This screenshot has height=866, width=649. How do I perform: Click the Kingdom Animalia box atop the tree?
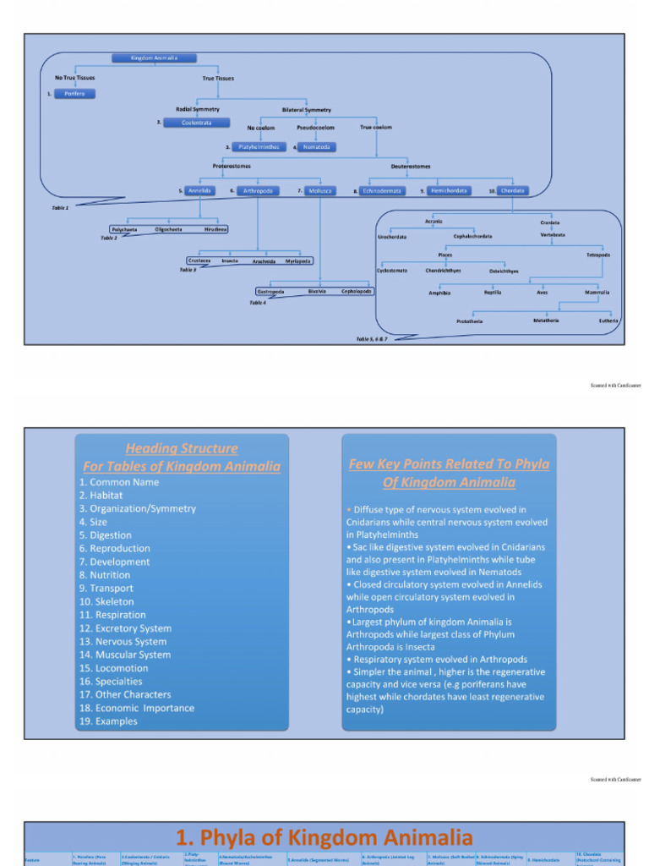[x=155, y=58]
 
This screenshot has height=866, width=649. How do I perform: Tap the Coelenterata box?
[x=196, y=123]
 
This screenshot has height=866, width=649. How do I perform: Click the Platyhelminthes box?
[x=259, y=147]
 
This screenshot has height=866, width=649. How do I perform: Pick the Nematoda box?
[x=316, y=147]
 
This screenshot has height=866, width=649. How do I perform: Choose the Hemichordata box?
[x=449, y=191]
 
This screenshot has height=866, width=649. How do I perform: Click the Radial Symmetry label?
[x=198, y=109]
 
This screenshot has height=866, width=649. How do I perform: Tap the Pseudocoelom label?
[x=315, y=128]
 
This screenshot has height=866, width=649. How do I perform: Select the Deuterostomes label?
[x=411, y=167]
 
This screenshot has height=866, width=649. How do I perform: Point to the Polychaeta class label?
[x=124, y=229]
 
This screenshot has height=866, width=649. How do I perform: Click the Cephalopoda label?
[x=357, y=291]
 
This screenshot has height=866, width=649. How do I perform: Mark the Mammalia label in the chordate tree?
[x=597, y=293]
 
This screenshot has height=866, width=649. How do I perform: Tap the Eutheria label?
[x=608, y=321]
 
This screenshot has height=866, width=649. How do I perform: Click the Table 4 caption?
[x=257, y=302]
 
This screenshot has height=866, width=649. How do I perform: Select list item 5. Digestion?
[x=106, y=535]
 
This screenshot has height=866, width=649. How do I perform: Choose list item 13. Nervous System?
[x=123, y=642]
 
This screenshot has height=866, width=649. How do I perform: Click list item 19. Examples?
[x=108, y=721]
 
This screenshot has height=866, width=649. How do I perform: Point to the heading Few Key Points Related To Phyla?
[x=449, y=464]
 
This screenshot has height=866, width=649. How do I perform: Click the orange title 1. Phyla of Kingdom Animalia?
[x=324, y=838]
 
